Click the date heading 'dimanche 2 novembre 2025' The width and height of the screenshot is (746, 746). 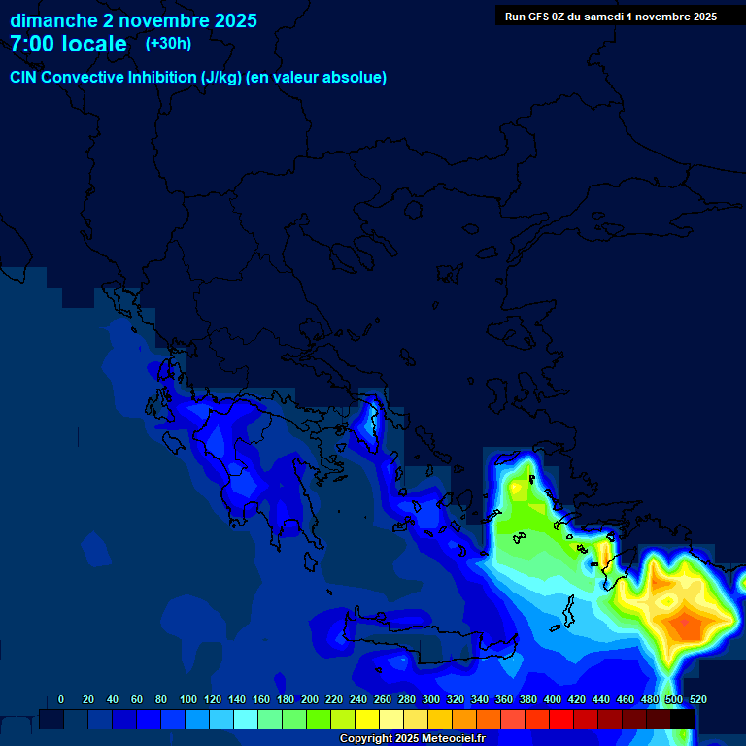[x=133, y=20]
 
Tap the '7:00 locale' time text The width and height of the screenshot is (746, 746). [x=68, y=44]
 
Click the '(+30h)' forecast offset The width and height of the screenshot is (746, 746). [x=168, y=43]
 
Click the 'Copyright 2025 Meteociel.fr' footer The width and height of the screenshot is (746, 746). [x=412, y=738]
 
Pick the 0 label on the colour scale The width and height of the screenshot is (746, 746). [x=61, y=699]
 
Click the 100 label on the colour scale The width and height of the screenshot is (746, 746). [x=187, y=699]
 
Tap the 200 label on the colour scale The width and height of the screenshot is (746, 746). [x=309, y=699]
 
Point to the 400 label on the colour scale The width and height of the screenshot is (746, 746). [x=552, y=699]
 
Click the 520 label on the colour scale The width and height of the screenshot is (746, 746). [x=697, y=699]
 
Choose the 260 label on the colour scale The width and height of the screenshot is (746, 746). [x=382, y=699]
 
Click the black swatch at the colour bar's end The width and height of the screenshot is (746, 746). [x=683, y=719]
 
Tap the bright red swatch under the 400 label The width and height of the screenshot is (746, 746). [x=561, y=719]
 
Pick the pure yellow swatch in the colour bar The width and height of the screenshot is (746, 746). [x=367, y=719]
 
